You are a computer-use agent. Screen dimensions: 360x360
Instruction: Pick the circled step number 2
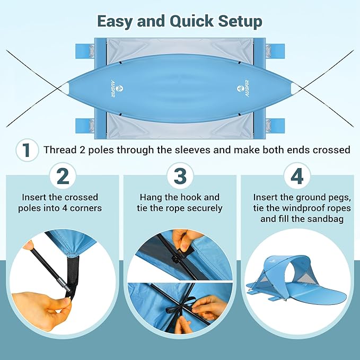point(63,175)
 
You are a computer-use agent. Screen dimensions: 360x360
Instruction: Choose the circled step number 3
point(180,175)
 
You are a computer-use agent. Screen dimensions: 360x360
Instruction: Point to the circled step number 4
point(297,175)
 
